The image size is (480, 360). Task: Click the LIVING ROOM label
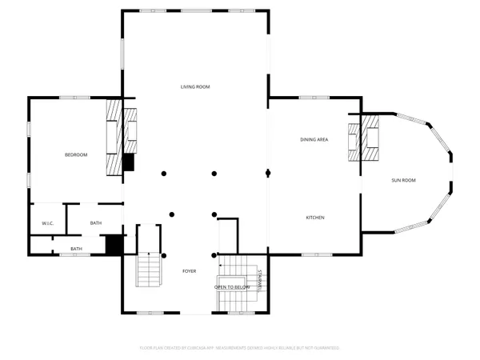click(194, 86)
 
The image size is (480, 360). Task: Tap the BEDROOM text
click(76, 154)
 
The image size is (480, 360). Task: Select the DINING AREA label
click(314, 140)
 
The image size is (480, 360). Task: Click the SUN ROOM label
click(403, 180)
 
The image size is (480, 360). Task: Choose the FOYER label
click(189, 272)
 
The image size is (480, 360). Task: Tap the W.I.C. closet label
click(47, 223)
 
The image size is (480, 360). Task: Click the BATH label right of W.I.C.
click(96, 223)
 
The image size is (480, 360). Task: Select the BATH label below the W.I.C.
click(76, 249)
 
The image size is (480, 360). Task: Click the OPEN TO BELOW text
click(232, 286)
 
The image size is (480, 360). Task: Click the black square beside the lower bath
click(114, 244)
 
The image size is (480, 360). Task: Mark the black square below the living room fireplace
click(128, 162)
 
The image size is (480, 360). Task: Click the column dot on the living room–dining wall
click(268, 173)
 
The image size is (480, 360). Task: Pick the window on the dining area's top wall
click(309, 98)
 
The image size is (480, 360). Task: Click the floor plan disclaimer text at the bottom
click(240, 348)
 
